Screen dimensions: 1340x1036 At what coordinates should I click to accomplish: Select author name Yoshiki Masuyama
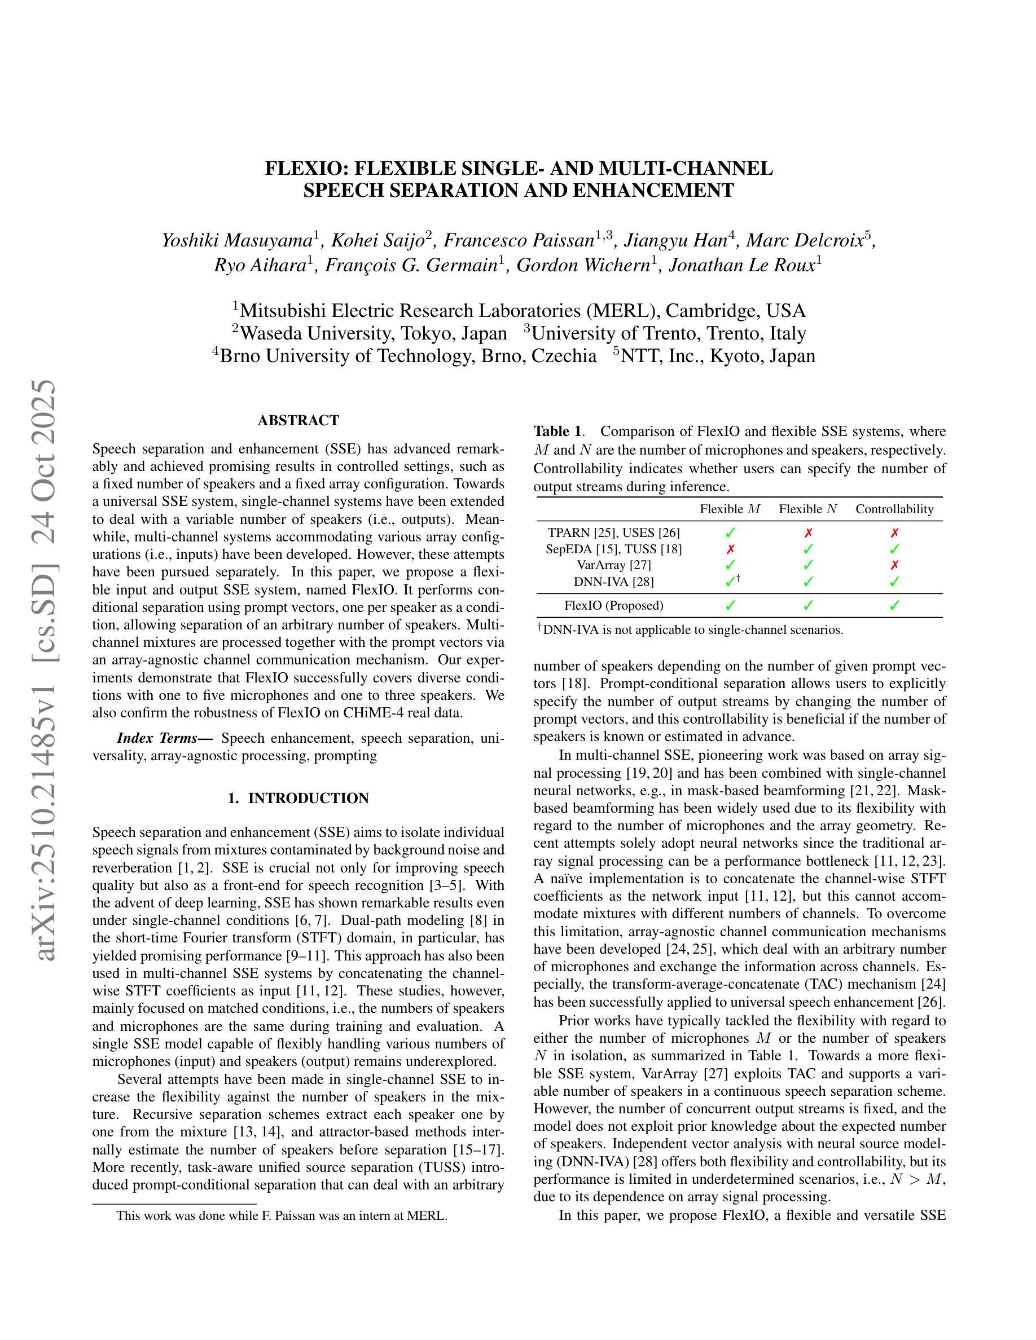pos(237,240)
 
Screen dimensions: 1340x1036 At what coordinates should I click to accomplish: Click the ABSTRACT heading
pos(298,420)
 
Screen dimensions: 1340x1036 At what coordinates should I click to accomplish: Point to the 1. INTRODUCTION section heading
pos(298,798)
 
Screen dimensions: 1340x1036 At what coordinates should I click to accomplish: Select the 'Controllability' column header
pos(894,509)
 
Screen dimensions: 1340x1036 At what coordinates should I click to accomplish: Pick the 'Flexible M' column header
pos(730,509)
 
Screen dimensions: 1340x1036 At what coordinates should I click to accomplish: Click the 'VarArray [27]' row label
pos(614,565)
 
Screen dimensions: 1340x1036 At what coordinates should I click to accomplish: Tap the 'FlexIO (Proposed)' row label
pos(614,606)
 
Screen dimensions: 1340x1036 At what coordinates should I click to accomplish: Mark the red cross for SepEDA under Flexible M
pos(730,549)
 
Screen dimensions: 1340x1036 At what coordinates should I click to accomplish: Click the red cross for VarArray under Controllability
pos(894,565)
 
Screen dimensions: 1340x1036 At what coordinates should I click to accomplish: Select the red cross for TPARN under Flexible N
pos(808,533)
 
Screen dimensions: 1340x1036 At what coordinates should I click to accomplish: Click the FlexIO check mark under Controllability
pos(894,606)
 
